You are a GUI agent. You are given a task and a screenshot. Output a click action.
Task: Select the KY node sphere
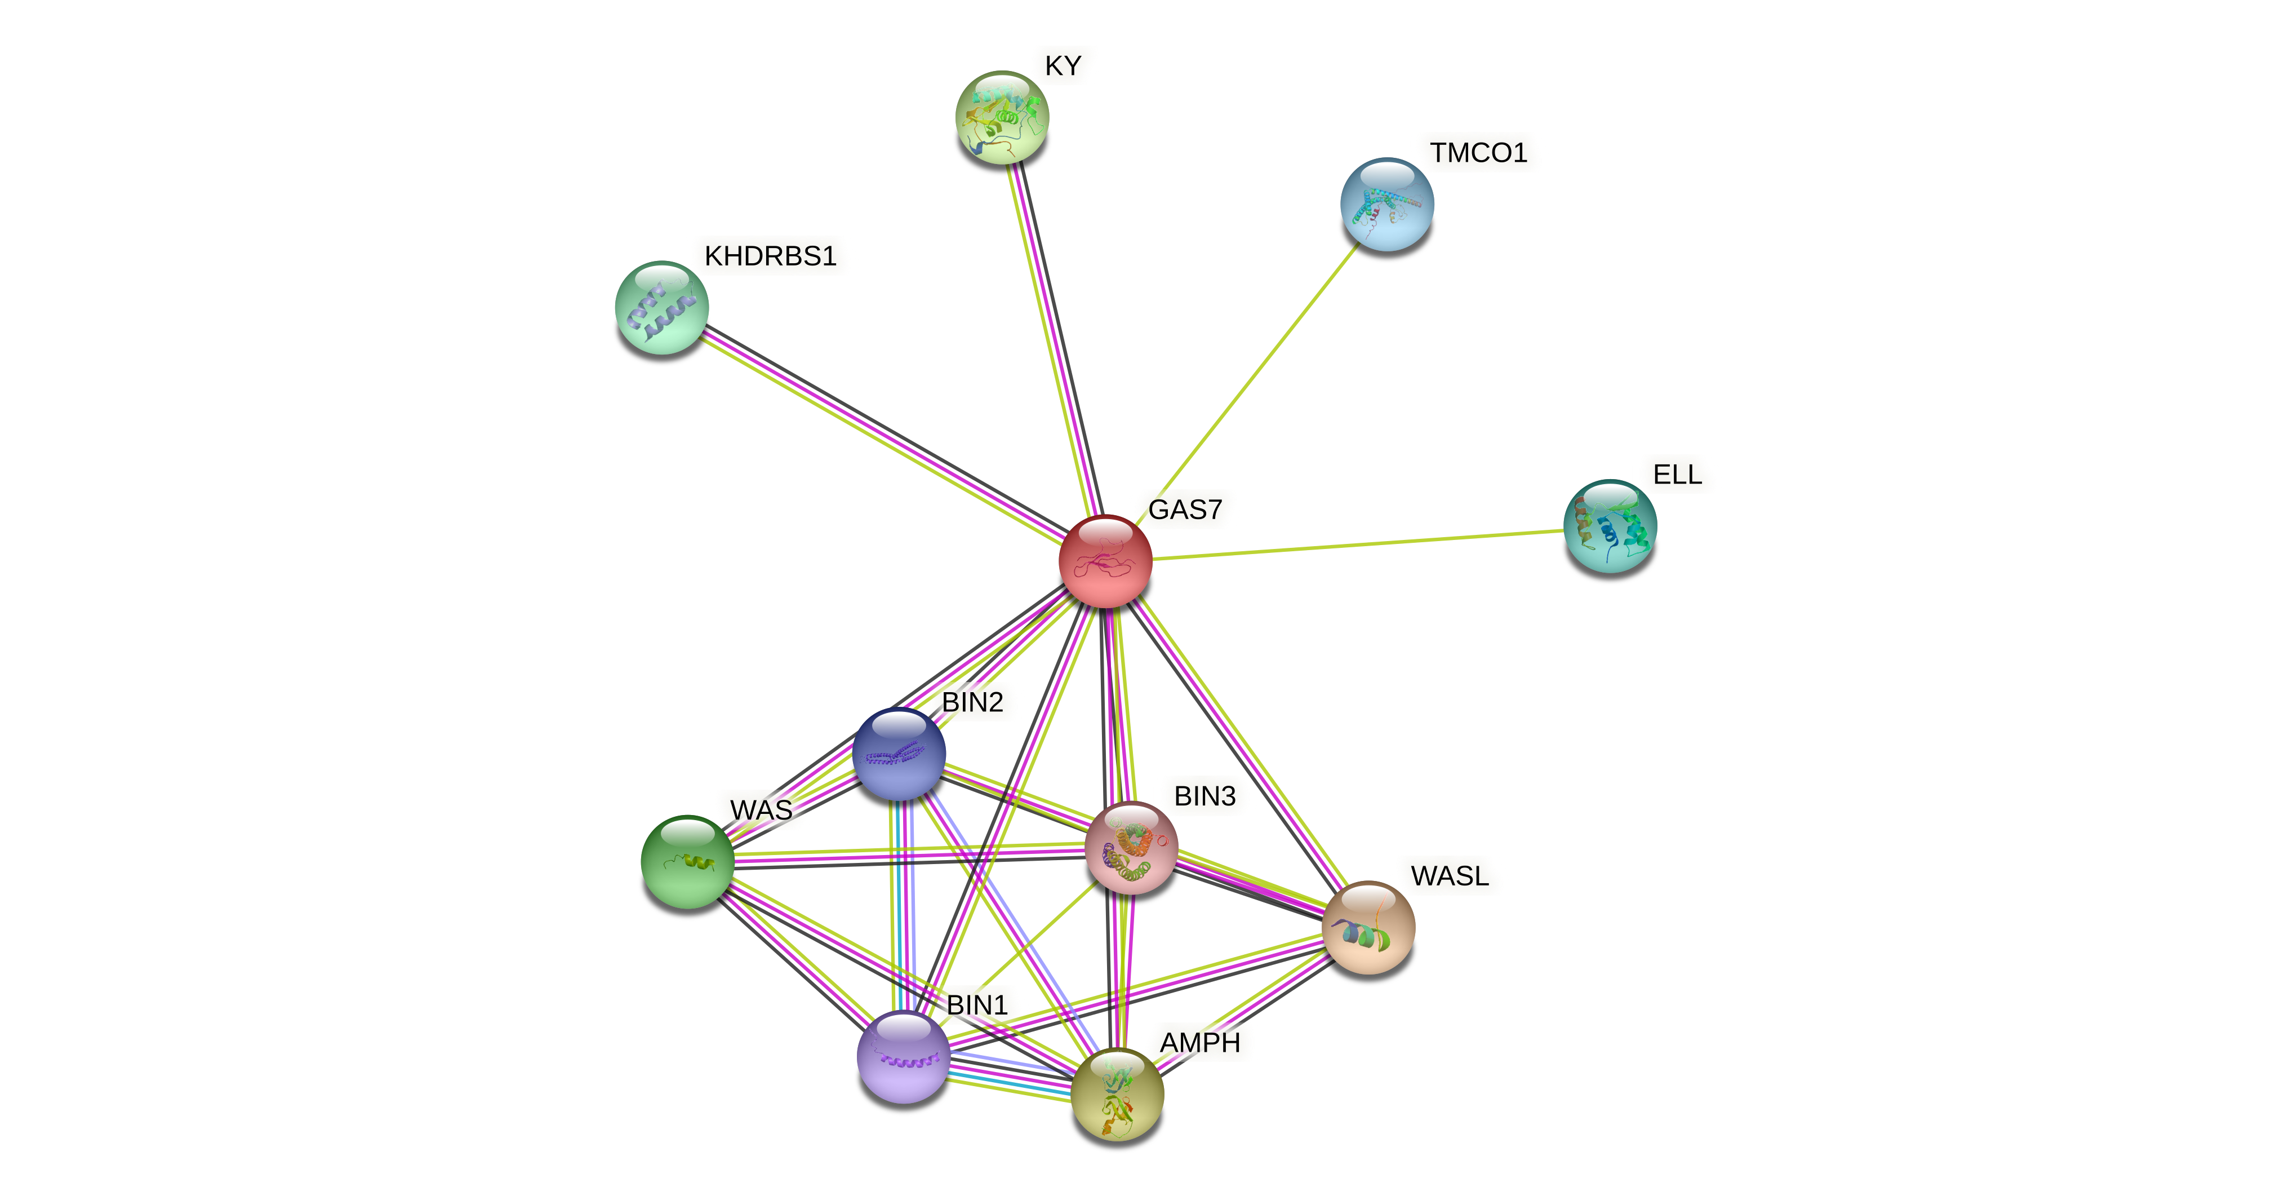tap(1002, 117)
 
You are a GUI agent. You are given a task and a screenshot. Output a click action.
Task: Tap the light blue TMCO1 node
tap(1386, 205)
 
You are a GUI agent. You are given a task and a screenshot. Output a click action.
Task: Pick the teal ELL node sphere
tap(1609, 526)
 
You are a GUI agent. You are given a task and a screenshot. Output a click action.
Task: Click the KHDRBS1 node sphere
tap(662, 308)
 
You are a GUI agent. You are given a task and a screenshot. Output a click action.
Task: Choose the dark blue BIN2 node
tap(899, 754)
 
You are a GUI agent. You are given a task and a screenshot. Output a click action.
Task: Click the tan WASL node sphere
tap(1367, 927)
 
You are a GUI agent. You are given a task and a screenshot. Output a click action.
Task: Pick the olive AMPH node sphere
tap(1117, 1094)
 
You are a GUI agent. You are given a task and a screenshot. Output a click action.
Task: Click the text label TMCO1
tap(1478, 153)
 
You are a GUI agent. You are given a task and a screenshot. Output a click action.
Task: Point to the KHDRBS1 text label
tap(770, 256)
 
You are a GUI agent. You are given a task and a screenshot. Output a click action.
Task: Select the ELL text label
tap(1677, 475)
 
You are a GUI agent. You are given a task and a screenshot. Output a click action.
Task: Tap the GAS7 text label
tap(1185, 510)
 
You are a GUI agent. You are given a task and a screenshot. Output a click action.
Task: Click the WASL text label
tap(1449, 876)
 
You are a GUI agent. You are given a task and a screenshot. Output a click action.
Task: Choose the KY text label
tap(1063, 66)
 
